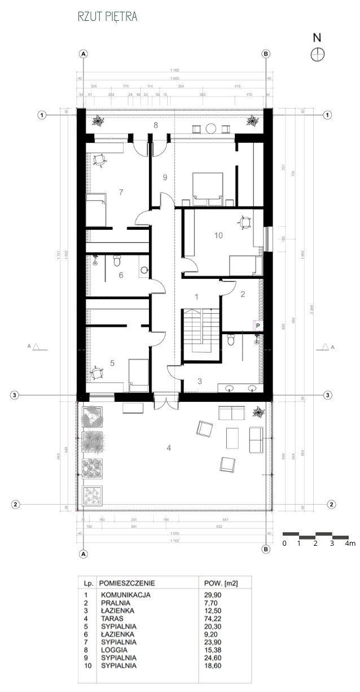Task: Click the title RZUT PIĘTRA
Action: [108, 17]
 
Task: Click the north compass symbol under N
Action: [318, 54]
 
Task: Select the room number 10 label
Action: [220, 235]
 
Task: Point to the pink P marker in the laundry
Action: [258, 325]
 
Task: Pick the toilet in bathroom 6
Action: [117, 261]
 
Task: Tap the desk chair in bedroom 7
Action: [100, 160]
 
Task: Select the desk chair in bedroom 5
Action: [99, 373]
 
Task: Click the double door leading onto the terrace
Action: [168, 402]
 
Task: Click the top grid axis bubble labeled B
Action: [266, 54]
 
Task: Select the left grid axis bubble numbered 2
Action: [16, 504]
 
